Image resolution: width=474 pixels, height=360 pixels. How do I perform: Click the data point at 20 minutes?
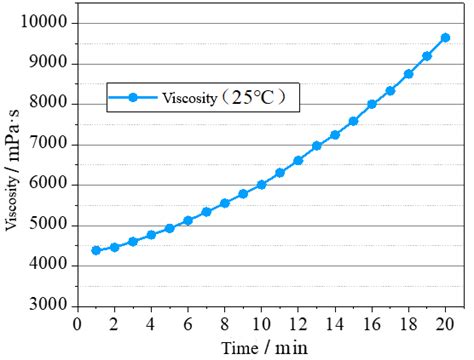[x=445, y=38]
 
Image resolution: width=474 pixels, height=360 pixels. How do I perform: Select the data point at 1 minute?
[x=96, y=250]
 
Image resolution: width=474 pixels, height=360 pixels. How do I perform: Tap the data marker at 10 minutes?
[x=261, y=185]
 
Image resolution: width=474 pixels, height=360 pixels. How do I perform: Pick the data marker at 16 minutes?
[x=372, y=104]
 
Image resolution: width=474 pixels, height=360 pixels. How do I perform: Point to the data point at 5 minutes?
[x=170, y=228]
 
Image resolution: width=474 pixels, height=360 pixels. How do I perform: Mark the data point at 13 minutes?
[x=317, y=146]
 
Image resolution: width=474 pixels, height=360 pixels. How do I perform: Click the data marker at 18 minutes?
[x=408, y=74]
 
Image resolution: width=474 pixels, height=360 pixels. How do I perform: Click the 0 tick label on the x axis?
[x=78, y=323]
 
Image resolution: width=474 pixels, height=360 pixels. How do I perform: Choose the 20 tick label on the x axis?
[x=445, y=323]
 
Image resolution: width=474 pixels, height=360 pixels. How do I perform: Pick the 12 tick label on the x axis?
[x=298, y=323]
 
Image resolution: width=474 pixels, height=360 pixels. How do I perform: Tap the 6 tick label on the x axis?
[x=188, y=323]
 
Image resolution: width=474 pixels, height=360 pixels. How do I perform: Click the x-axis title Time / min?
[x=262, y=346]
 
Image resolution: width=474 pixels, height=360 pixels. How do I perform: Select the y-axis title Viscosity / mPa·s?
[x=13, y=165]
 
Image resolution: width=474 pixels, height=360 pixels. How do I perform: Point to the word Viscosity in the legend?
[x=182, y=98]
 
